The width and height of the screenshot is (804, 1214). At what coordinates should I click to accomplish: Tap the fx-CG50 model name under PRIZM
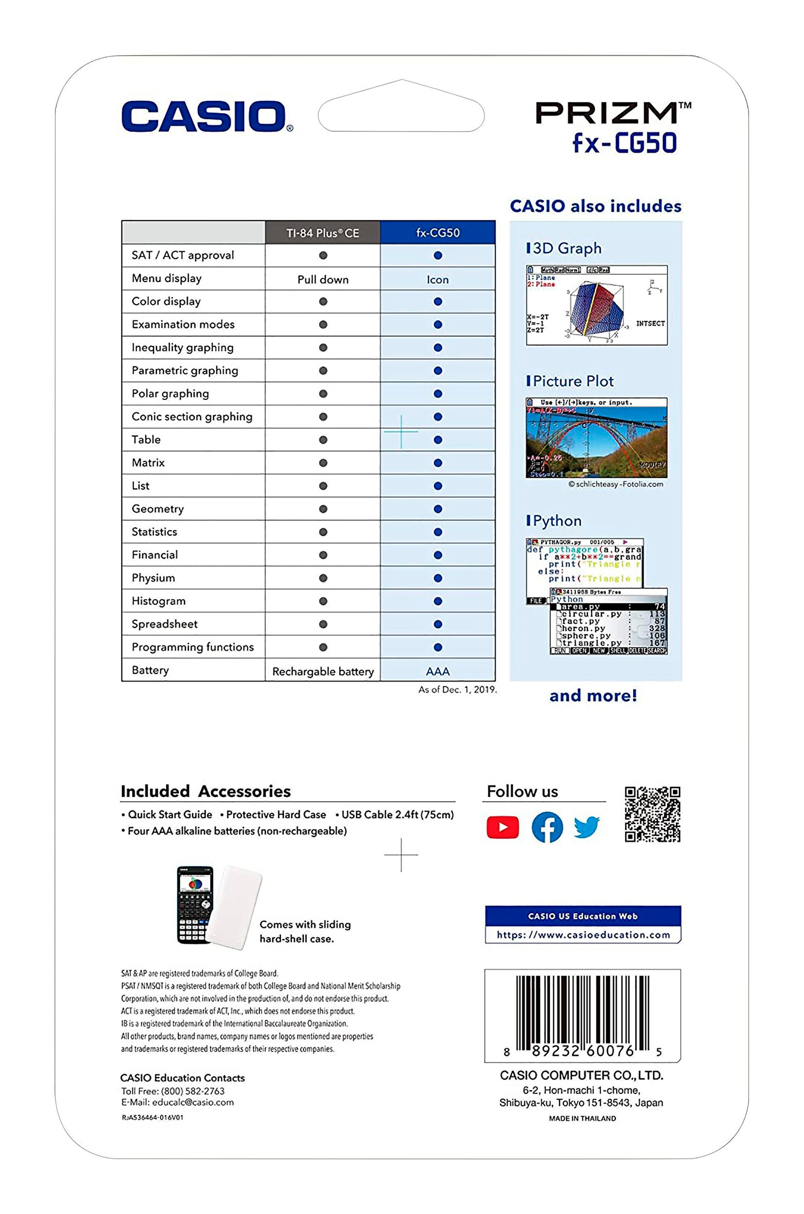tap(624, 143)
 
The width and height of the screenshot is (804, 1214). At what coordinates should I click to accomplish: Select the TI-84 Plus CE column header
tap(322, 233)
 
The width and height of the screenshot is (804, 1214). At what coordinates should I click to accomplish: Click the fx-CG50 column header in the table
tap(437, 233)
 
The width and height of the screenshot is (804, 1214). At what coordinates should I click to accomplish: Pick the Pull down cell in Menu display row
tap(322, 279)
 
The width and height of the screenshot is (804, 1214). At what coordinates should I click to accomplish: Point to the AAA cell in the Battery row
tap(437, 671)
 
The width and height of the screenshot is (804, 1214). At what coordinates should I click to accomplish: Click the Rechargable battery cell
tap(322, 671)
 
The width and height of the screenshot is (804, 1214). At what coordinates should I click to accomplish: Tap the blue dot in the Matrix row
tap(437, 463)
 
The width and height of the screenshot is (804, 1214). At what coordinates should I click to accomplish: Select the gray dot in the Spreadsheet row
tap(322, 624)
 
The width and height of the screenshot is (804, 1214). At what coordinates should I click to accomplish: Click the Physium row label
tap(153, 578)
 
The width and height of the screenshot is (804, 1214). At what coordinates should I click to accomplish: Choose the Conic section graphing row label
tap(192, 416)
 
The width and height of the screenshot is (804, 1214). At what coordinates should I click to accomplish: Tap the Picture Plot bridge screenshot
tap(596, 438)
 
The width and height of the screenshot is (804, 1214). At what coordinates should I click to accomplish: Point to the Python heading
tap(557, 521)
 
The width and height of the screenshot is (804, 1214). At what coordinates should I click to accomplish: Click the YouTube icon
tap(503, 827)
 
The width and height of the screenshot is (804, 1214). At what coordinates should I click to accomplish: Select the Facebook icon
tap(547, 827)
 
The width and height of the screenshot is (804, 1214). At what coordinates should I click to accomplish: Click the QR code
tap(652, 814)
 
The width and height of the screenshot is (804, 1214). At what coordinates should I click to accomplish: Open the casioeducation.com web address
tap(583, 935)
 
